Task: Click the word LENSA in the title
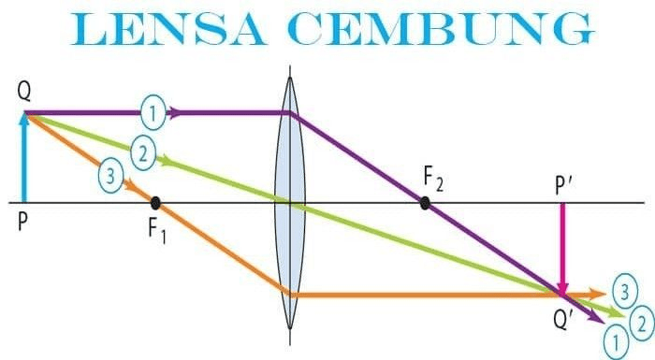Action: point(167,29)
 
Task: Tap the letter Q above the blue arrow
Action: point(24,93)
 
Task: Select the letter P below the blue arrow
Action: point(22,222)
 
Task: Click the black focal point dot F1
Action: point(155,203)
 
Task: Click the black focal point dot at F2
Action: point(425,203)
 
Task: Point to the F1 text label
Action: point(157,230)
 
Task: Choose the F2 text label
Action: point(433,179)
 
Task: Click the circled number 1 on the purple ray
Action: point(153,113)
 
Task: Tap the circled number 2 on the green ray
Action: point(143,153)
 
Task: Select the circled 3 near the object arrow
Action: point(111,176)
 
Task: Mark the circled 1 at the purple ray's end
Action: point(617,342)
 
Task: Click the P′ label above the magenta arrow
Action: point(562,186)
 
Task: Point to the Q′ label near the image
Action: point(562,320)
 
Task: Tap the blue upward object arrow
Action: point(24,157)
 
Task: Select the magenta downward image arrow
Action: point(562,250)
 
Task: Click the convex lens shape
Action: point(290,203)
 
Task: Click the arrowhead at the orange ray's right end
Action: point(597,295)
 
